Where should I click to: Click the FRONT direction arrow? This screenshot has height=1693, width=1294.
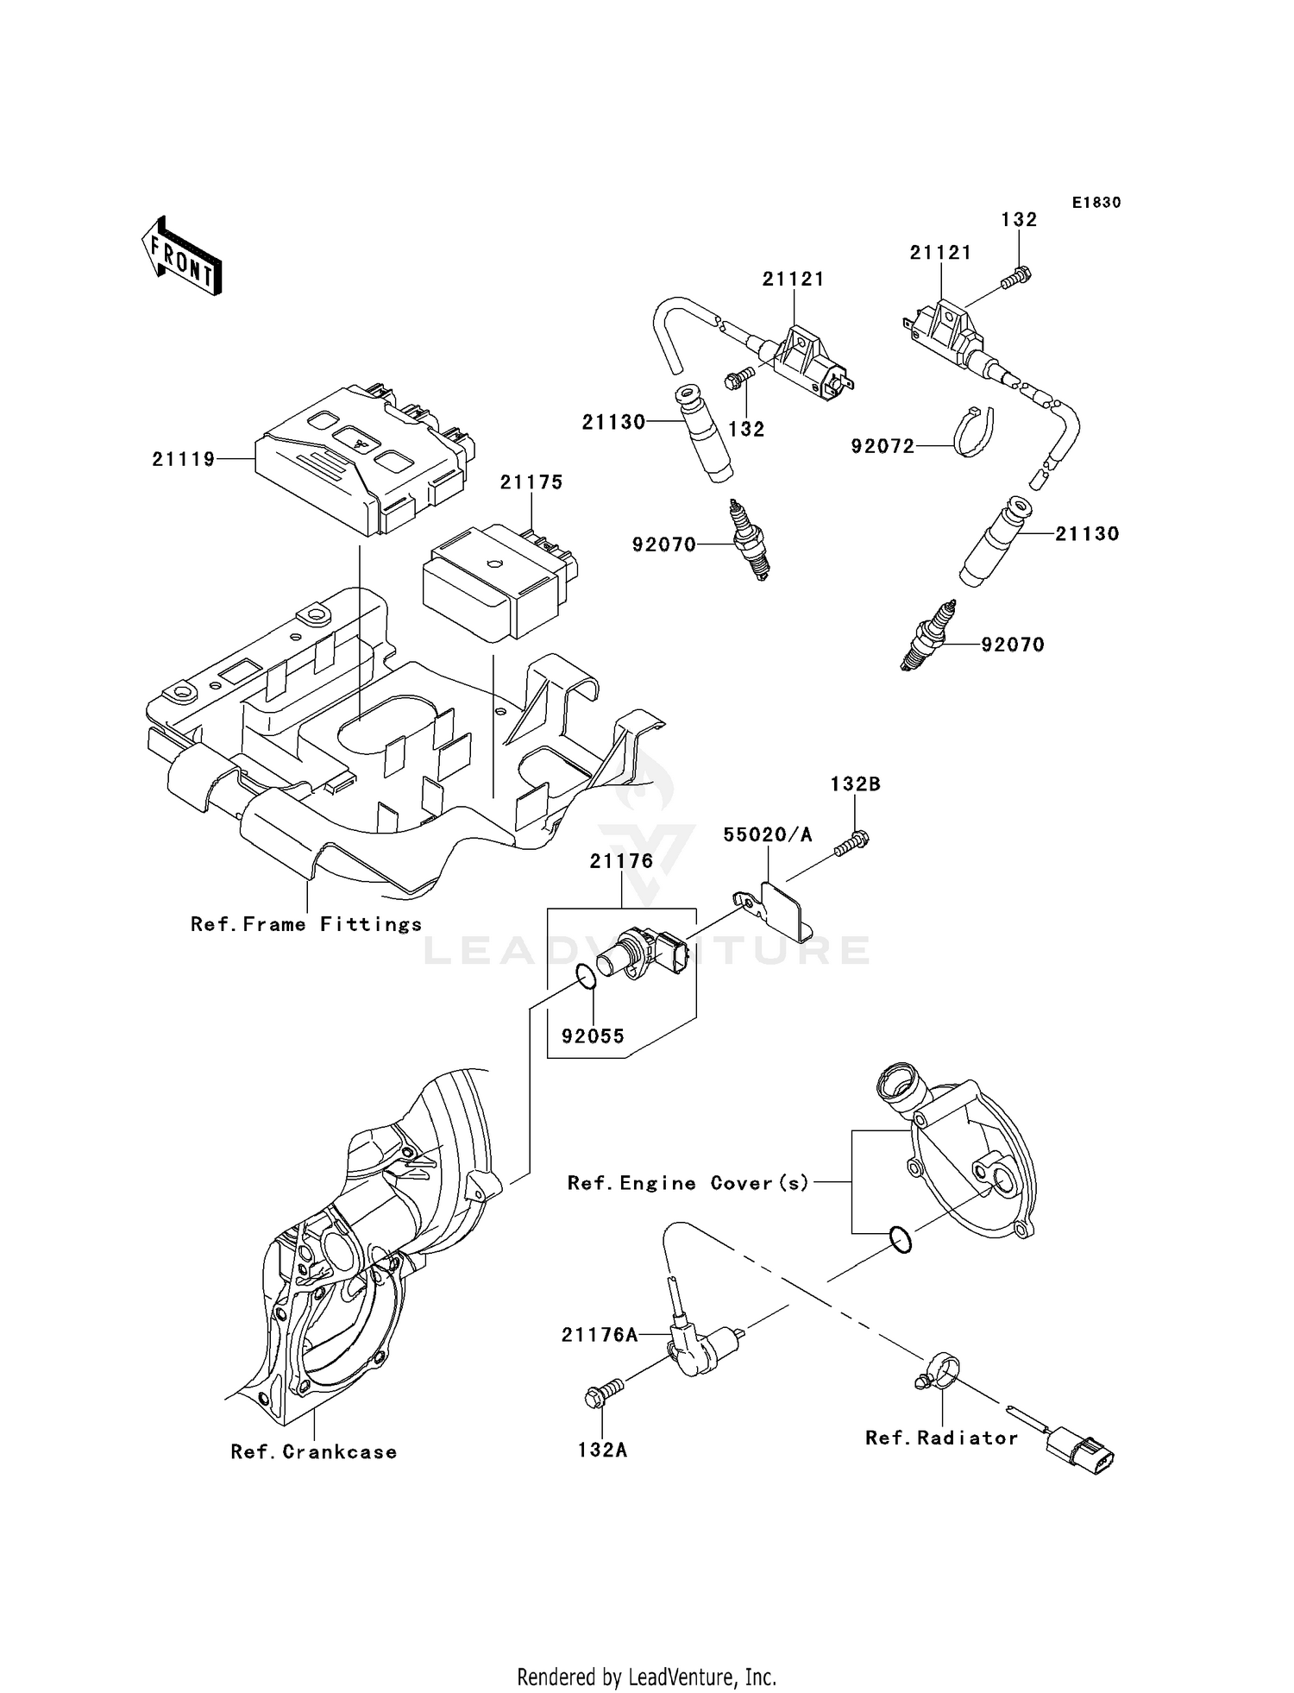tap(182, 257)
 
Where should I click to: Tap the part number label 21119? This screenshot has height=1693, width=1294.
tap(184, 459)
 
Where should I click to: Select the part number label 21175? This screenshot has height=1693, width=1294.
tap(531, 482)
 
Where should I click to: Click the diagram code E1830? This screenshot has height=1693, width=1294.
tap(1096, 203)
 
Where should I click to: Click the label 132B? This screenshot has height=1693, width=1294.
tap(855, 784)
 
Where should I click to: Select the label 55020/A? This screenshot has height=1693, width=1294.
tap(768, 834)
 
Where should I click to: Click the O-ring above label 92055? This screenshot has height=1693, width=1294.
tap(584, 978)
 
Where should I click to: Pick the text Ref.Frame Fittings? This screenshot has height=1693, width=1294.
tap(306, 924)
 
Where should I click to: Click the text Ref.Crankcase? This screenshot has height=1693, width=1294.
tap(314, 1451)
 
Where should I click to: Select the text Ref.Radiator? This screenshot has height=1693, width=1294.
tap(941, 1438)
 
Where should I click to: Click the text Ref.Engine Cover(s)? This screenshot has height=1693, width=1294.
tap(688, 1183)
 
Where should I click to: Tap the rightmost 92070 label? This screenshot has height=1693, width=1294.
tap(1012, 645)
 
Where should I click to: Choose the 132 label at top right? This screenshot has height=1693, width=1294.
tap(1019, 220)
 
